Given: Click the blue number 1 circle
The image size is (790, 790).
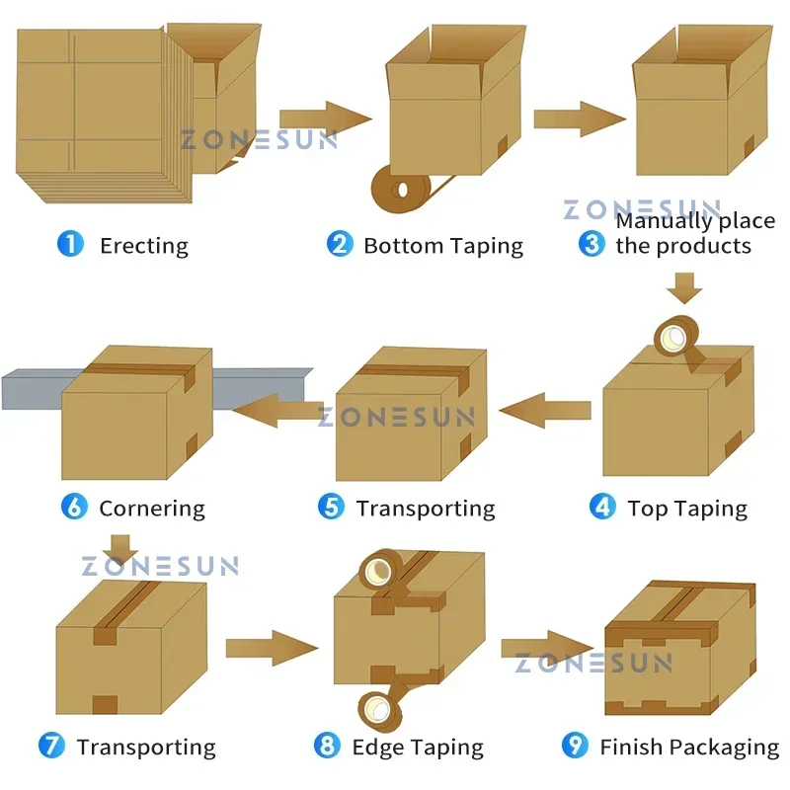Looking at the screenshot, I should coord(71,244).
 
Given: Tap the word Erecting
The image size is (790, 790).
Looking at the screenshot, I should coord(144,245).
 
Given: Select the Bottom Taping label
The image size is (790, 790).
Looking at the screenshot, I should coord(443,245).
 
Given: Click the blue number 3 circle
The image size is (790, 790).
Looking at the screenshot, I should coord(592,244).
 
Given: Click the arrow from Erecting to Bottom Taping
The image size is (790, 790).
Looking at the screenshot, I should coord(325,119).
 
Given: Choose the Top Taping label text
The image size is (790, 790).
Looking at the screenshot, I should coord(687,509).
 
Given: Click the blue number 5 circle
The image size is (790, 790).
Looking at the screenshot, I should coord(331,508).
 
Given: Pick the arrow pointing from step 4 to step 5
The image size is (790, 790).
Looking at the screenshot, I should coord(543,410).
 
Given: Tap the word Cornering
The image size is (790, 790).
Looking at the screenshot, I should coord(152,509).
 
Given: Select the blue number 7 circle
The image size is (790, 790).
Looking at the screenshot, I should coord(51,746).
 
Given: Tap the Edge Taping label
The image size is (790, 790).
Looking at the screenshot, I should coord(418,748).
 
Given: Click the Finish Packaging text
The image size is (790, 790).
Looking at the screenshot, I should coord(689,748).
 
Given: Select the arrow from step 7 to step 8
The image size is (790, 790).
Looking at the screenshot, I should coord(271,648).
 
